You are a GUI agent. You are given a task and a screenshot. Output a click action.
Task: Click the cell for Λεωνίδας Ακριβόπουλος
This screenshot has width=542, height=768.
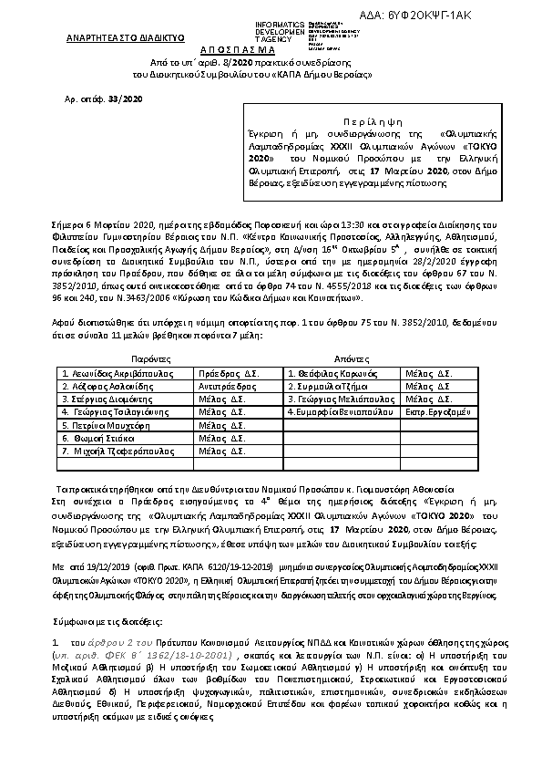(x=126, y=373)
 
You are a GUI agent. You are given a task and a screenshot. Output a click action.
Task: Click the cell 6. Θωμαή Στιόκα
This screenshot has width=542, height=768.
(x=126, y=438)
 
